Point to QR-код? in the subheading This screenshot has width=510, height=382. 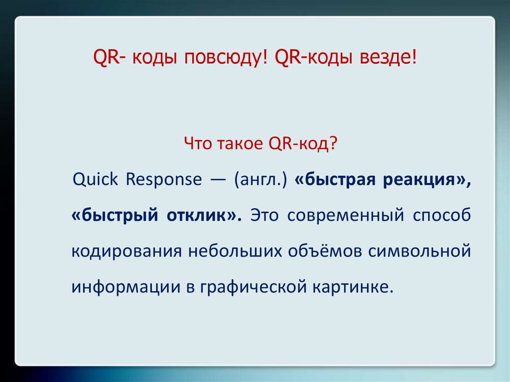click(303, 143)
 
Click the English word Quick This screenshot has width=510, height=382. click(95, 179)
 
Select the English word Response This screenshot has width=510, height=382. click(164, 180)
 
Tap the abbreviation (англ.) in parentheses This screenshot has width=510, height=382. click(261, 180)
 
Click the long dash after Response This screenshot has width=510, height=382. click(218, 180)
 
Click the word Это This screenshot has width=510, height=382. click(264, 215)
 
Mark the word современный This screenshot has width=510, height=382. click(346, 215)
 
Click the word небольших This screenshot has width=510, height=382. click(235, 251)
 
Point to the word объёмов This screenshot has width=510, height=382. click(325, 251)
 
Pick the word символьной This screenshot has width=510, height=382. click(420, 251)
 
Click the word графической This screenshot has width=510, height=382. click(254, 287)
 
